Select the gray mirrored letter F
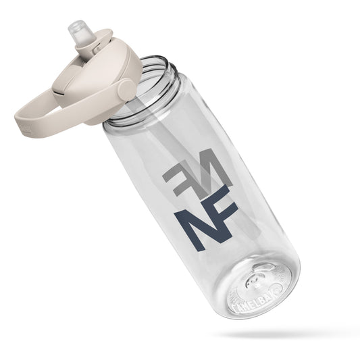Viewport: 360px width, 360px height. click(177, 174)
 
